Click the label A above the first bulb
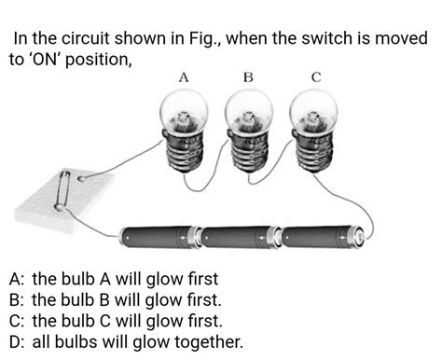pyautogui.click(x=184, y=78)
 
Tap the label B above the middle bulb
pyautogui.click(x=248, y=78)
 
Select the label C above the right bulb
pyautogui.click(x=315, y=78)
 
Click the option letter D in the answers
pyautogui.click(x=14, y=341)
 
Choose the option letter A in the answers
pyautogui.click(x=14, y=279)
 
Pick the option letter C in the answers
pyautogui.click(x=14, y=321)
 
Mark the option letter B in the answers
pyautogui.click(x=14, y=299)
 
